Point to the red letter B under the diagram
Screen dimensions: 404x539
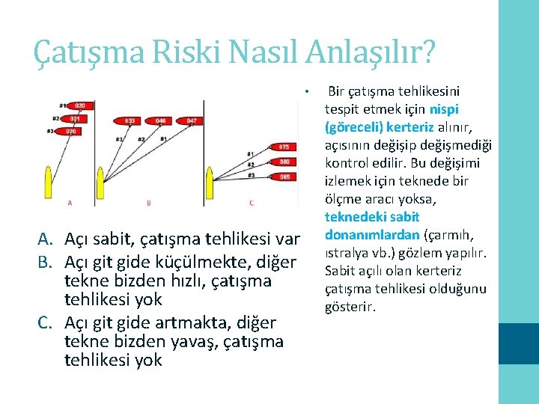[149, 203]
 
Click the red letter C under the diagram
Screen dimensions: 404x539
[251, 203]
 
